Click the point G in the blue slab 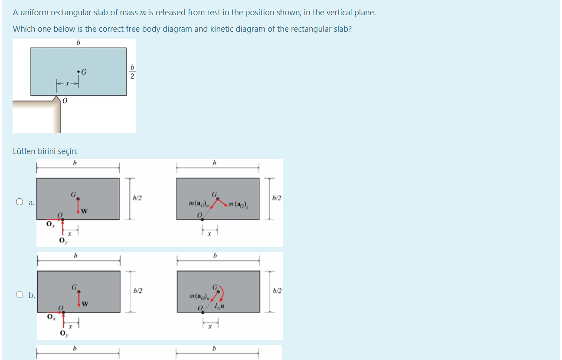[78, 72]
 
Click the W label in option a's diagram [84, 212]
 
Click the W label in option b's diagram [85, 303]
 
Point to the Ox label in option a [50, 224]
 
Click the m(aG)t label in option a [238, 204]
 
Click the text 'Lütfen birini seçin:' [46, 151]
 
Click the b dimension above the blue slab [78, 43]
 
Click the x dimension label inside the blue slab [67, 84]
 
